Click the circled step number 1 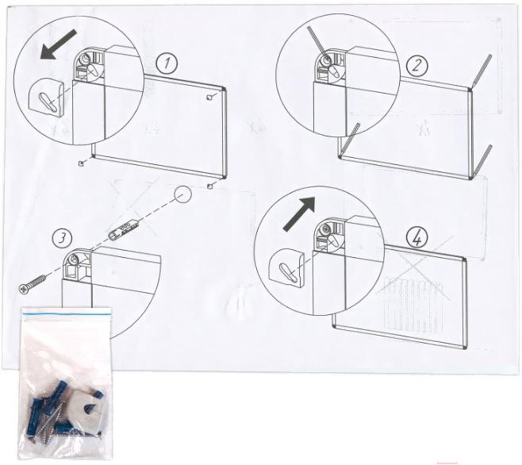(167, 63)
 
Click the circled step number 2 (416, 65)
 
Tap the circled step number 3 (62, 239)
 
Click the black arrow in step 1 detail (58, 44)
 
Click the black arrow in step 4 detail (298, 213)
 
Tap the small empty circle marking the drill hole (183, 194)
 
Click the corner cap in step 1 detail (46, 98)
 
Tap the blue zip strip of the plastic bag (67, 313)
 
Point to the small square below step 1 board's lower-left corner (80, 163)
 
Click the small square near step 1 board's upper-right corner (209, 98)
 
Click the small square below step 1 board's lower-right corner (209, 186)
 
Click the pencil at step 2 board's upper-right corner (481, 72)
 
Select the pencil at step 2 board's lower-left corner (349, 140)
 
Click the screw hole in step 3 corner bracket (74, 259)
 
